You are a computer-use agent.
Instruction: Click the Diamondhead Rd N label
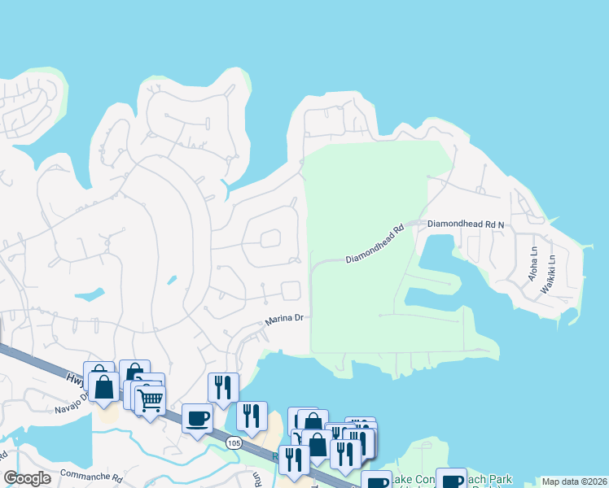point(466,223)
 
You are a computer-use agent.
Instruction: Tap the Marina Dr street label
point(283,320)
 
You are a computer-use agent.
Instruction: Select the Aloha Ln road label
point(534,264)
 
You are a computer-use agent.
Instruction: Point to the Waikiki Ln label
point(551,269)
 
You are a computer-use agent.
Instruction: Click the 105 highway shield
point(234,442)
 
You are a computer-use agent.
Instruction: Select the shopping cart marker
point(150,399)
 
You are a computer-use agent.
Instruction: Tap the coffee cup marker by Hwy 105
point(198,418)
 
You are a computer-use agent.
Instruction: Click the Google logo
point(28,478)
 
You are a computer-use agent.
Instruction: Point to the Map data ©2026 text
point(574,481)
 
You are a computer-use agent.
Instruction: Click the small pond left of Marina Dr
point(89,294)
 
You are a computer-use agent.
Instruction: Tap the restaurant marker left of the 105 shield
point(223,387)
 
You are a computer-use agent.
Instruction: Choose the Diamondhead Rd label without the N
point(375,244)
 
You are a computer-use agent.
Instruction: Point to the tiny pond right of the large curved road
point(172,281)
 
